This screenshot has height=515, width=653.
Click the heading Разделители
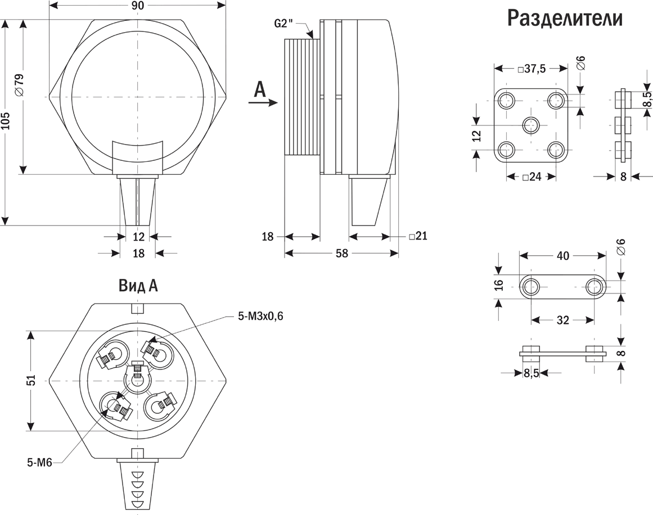pyautogui.click(x=565, y=18)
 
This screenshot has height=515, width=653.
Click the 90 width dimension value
pyautogui.click(x=138, y=6)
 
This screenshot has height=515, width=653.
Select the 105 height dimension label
pyautogui.click(x=6, y=121)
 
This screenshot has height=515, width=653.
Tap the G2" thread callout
pyautogui.click(x=285, y=23)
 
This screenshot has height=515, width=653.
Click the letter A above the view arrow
pyautogui.click(x=259, y=89)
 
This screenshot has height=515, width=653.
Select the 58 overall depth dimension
pyautogui.click(x=341, y=254)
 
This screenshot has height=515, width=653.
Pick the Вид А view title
pyautogui.click(x=138, y=286)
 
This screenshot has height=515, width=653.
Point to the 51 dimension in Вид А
pyautogui.click(x=32, y=381)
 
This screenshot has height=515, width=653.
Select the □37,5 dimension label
pyautogui.click(x=530, y=69)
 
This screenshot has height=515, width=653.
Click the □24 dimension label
pyautogui.click(x=532, y=177)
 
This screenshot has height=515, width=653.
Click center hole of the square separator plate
pyautogui.click(x=530, y=125)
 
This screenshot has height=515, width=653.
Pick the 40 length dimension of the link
pyautogui.click(x=562, y=256)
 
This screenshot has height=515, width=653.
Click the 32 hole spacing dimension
pyautogui.click(x=562, y=320)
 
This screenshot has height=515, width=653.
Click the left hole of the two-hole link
pyautogui.click(x=530, y=287)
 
